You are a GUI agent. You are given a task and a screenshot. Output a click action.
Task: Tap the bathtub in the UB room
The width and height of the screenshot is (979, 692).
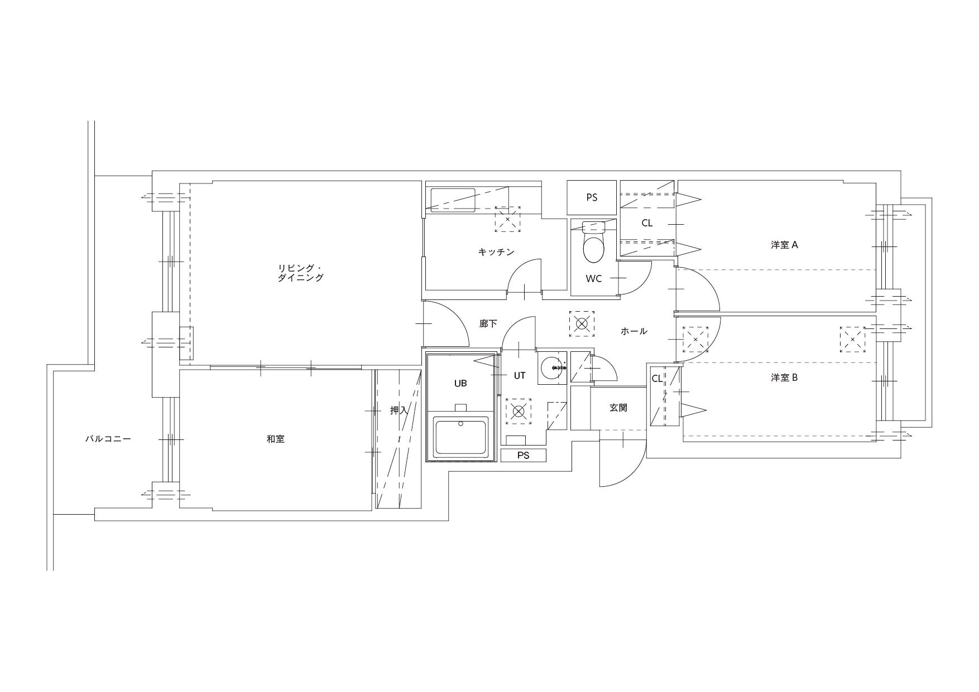461,437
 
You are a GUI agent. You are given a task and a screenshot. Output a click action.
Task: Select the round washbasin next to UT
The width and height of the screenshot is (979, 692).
553,368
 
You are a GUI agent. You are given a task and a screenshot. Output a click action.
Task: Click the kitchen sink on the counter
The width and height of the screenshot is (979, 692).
453,200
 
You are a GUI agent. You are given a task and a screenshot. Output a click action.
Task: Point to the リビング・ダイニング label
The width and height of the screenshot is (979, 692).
300,273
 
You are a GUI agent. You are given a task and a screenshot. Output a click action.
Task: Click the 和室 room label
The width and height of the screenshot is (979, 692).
275,439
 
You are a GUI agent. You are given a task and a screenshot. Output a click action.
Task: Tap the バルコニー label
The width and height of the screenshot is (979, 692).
108,439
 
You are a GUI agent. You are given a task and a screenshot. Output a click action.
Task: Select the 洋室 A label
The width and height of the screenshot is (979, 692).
784,245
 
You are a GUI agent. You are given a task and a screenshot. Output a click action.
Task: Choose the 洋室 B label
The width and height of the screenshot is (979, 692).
784,378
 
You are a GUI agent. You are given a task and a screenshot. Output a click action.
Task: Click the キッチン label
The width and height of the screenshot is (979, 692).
496,252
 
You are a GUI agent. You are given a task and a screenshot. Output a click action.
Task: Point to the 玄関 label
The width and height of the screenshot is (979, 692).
618,408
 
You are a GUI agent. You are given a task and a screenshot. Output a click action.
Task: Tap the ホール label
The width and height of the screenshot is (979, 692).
634,331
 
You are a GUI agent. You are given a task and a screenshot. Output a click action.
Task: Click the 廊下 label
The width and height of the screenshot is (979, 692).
488,323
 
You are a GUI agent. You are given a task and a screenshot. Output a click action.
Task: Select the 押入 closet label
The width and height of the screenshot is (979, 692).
399,410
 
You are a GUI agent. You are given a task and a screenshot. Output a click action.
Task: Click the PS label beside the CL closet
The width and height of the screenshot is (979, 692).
592,197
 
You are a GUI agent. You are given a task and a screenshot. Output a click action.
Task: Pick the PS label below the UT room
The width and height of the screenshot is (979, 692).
523,455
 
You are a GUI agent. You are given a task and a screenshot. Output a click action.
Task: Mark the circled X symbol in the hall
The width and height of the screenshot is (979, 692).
582,324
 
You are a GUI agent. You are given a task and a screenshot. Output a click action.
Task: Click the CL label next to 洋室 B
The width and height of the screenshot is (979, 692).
657,379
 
